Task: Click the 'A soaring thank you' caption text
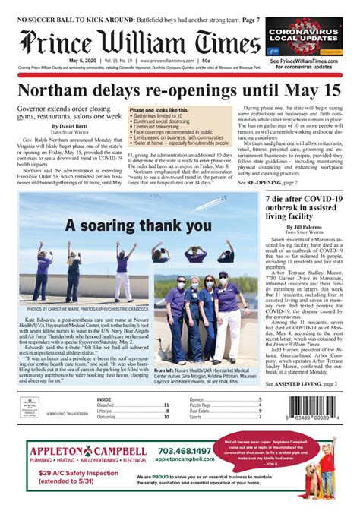click(137, 204)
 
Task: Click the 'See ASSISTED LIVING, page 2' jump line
click(302, 385)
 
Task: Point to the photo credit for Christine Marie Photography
click(88, 310)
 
